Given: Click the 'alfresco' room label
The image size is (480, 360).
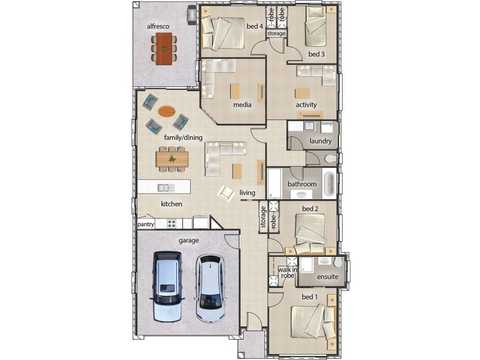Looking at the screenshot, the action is (x=158, y=26).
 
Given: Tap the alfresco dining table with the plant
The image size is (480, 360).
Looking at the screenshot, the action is (x=164, y=49).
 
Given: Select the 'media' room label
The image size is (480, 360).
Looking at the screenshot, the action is (x=242, y=104).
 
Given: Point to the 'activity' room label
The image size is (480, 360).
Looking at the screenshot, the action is (x=306, y=104).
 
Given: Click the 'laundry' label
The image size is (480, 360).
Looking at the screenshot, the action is (x=320, y=141).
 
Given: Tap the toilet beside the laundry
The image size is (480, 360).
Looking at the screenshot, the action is (x=331, y=159).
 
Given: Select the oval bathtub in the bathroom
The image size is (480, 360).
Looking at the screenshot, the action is (x=329, y=184).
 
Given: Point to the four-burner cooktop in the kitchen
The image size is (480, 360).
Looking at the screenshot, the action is (x=172, y=224).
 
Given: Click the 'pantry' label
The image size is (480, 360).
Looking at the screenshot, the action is (x=146, y=224).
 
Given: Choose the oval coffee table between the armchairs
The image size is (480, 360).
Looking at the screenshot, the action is (x=167, y=111).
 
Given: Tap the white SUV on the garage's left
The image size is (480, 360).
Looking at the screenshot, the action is (x=167, y=287).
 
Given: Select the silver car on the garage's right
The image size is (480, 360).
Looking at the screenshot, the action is (x=211, y=289).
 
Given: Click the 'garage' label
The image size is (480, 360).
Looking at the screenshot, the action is (x=188, y=241).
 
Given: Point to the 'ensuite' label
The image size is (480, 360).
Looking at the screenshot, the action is (x=328, y=277).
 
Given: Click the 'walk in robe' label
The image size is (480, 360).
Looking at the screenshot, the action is (x=287, y=272).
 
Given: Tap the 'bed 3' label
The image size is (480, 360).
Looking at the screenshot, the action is (x=316, y=54).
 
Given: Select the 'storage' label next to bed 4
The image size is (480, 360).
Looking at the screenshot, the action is (x=276, y=34).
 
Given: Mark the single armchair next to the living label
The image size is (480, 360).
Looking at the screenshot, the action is (x=226, y=193).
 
